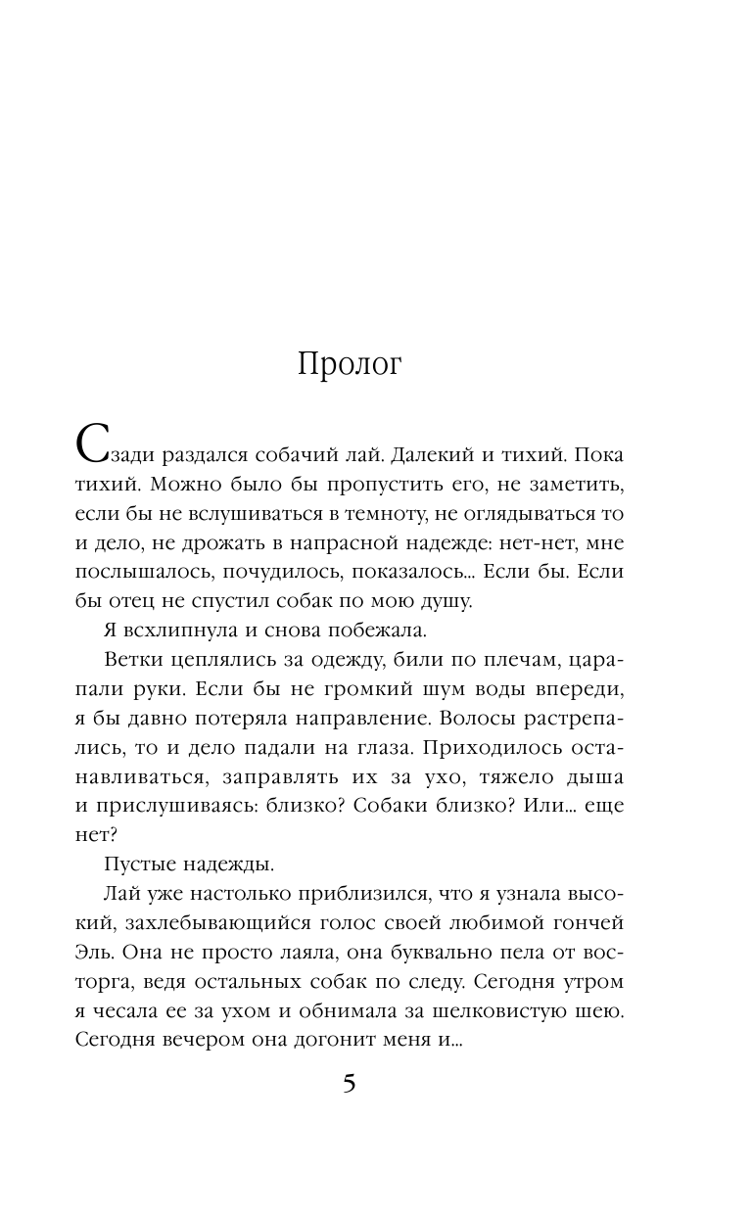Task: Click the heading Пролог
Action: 350,364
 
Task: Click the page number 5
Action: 350,1085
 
